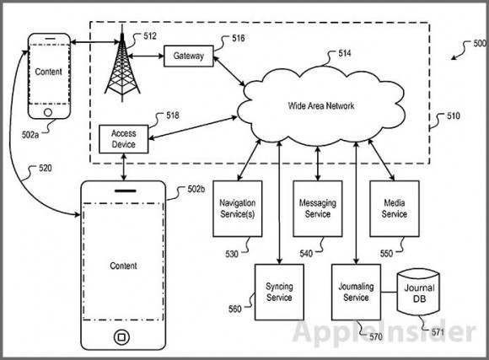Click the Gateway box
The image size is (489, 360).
(189, 56)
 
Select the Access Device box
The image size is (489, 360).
(123, 139)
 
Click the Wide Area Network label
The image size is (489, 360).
(321, 105)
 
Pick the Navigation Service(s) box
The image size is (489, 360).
(238, 209)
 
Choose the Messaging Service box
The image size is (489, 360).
(318, 209)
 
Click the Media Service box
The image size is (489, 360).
(395, 209)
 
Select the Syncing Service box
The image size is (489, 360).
(279, 293)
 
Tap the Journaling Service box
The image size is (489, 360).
(356, 293)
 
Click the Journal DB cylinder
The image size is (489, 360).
(419, 293)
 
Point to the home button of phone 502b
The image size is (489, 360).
(121, 337)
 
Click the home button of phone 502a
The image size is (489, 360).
(48, 112)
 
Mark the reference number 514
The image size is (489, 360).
(345, 53)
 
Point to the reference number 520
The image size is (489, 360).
(46, 169)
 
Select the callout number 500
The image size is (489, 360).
(480, 43)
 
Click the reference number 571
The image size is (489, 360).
(438, 332)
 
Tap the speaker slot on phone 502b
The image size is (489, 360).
(126, 191)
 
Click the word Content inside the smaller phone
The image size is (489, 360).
(48, 72)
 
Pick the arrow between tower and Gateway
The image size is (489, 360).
(146, 56)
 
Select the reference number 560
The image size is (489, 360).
(235, 309)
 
